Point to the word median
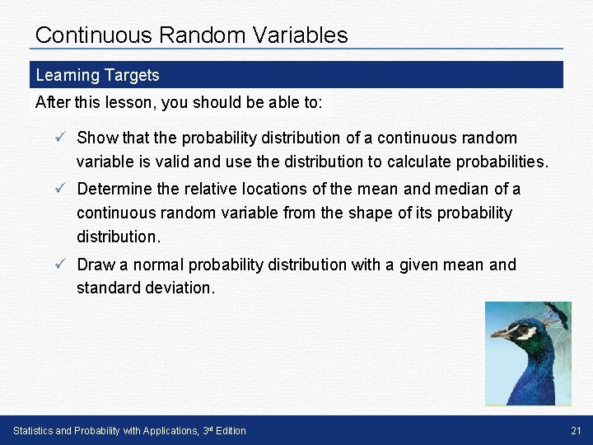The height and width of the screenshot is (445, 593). [454, 190]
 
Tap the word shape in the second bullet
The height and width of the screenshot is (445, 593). [371, 213]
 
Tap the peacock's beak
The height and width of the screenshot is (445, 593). [499, 335]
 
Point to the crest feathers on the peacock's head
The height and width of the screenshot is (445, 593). [557, 312]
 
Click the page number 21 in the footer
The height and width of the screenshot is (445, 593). [575, 431]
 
